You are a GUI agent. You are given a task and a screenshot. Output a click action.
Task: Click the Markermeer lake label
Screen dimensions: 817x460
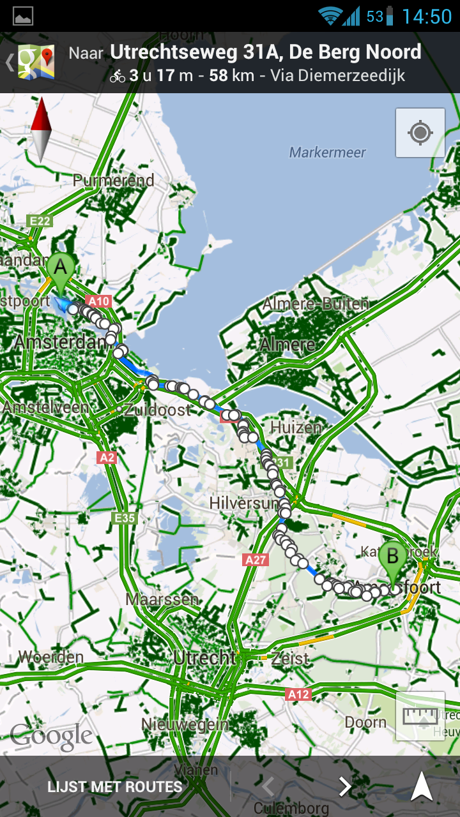click(x=328, y=153)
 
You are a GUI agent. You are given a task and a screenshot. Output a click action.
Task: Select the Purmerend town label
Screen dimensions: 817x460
click(x=114, y=181)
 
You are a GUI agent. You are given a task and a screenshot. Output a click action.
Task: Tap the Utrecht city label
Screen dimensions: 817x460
click(x=204, y=657)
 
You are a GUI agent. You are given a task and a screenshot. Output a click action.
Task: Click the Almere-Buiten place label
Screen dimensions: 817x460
click(x=316, y=304)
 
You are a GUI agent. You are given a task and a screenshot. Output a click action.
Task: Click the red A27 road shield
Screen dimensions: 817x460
click(x=256, y=560)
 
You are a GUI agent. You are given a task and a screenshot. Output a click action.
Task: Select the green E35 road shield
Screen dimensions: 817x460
click(x=125, y=518)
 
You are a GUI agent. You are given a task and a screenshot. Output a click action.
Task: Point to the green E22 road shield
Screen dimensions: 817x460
click(x=40, y=221)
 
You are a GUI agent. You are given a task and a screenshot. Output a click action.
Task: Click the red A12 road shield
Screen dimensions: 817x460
click(x=298, y=694)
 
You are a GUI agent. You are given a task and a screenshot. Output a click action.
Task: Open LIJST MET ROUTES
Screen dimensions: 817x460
click(x=115, y=787)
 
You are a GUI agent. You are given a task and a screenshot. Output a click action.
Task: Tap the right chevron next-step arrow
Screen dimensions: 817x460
click(x=345, y=787)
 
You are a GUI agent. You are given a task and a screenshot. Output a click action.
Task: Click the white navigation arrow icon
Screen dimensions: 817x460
click(x=422, y=786)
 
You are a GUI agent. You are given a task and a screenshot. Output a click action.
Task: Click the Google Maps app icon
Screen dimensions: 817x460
click(x=35, y=63)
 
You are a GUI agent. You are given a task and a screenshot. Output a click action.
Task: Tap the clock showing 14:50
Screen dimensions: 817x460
click(x=427, y=16)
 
